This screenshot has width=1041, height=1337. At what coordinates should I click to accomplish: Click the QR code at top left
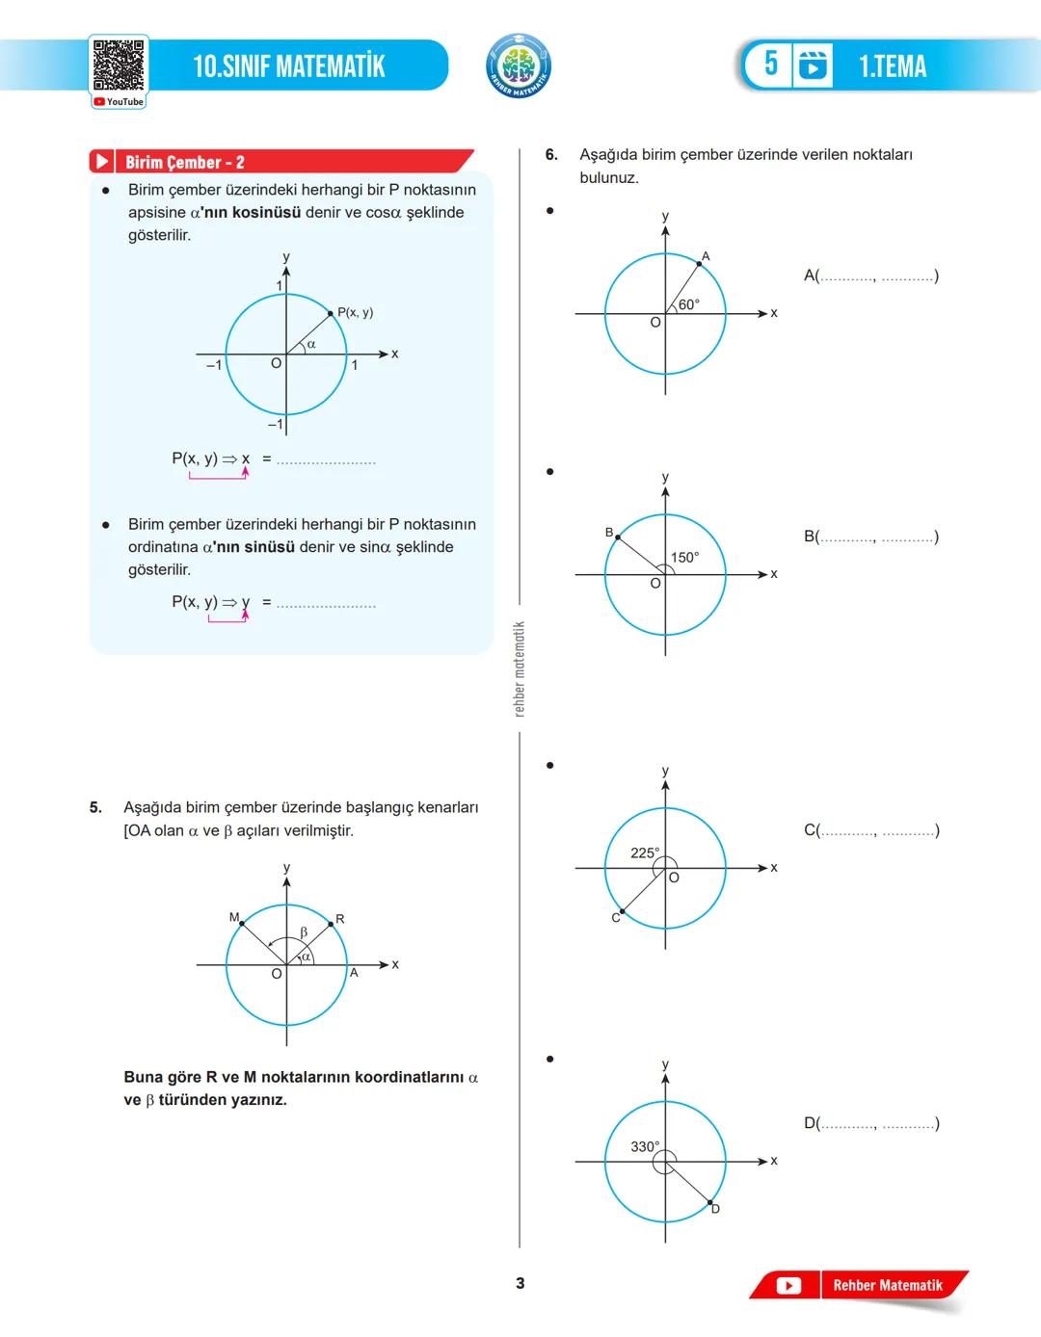[x=119, y=66]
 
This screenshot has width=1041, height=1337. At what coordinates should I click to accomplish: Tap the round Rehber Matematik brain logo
[x=519, y=66]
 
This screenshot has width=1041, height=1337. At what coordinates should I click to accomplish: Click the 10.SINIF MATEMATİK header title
[x=288, y=66]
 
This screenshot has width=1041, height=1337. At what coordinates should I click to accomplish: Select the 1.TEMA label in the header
[x=893, y=66]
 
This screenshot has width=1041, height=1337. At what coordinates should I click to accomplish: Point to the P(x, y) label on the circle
[x=355, y=312]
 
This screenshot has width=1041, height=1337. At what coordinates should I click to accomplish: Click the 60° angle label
[x=688, y=304]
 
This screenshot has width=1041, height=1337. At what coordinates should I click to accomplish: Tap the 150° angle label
[x=684, y=558]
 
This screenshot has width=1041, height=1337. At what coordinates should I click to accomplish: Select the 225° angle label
[x=645, y=852]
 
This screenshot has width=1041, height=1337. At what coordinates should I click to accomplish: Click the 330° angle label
[x=645, y=1146]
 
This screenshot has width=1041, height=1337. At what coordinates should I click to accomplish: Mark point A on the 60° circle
[x=699, y=263]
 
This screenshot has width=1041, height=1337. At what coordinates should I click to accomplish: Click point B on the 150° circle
[x=618, y=537]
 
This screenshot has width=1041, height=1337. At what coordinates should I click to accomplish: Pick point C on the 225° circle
[x=622, y=911]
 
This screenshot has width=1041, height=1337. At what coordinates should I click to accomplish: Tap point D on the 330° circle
[x=710, y=1203]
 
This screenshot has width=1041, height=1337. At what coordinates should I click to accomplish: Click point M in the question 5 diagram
[x=241, y=923]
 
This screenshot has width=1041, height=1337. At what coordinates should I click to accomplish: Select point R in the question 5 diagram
[x=331, y=923]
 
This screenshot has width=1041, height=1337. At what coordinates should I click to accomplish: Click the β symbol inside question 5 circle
[x=304, y=932]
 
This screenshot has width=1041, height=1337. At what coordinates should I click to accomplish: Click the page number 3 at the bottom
[x=520, y=1283]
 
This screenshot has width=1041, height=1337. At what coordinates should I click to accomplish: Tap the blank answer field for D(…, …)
[x=877, y=1123]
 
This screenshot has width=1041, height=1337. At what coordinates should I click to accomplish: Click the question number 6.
[x=551, y=154]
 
